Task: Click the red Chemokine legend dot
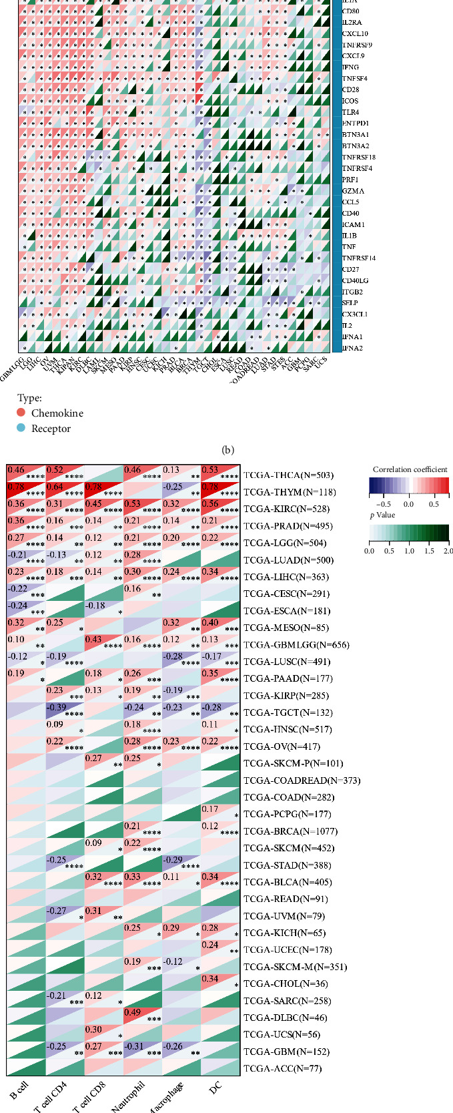click(x=21, y=413)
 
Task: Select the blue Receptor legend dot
click(x=21, y=428)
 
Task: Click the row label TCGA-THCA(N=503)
click(x=288, y=475)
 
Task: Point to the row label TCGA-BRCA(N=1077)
click(x=290, y=831)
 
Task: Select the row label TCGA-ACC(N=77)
click(x=282, y=1068)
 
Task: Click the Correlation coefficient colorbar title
click(x=410, y=469)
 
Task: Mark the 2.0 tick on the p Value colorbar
click(x=448, y=551)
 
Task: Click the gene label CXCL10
click(x=354, y=33)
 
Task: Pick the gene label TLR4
click(x=350, y=112)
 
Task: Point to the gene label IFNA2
click(x=352, y=348)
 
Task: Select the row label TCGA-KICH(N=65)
click(x=285, y=933)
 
